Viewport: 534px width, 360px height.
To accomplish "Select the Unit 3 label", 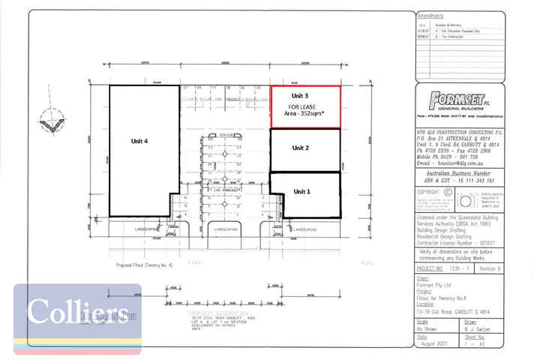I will pos(301,96).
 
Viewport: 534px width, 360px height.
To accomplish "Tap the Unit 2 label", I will pos(301,148).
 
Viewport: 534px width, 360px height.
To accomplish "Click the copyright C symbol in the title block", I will pos(448,191).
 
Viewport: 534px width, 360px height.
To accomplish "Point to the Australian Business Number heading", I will pos(457,172).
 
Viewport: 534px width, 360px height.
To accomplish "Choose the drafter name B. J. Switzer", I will pos(478,328).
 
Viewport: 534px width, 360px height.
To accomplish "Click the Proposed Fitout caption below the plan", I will pos(145,265).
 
